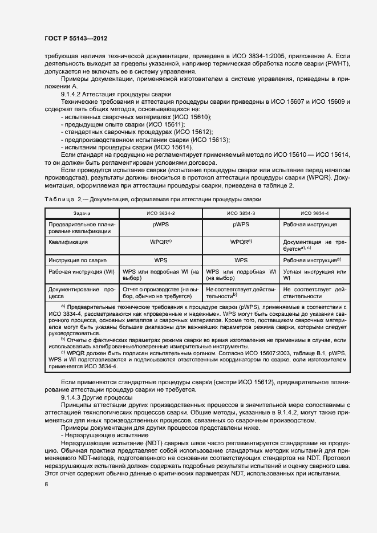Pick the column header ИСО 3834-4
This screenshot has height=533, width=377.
click(314, 213)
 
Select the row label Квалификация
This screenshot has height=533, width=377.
click(68, 242)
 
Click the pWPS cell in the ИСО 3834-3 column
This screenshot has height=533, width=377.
click(241, 225)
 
